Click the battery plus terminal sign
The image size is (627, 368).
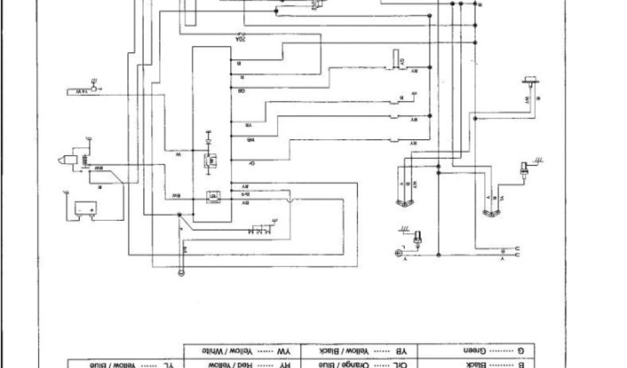click(92, 210)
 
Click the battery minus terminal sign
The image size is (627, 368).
click(79, 210)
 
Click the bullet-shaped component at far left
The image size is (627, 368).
click(64, 161)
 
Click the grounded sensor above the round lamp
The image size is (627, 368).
click(418, 237)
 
